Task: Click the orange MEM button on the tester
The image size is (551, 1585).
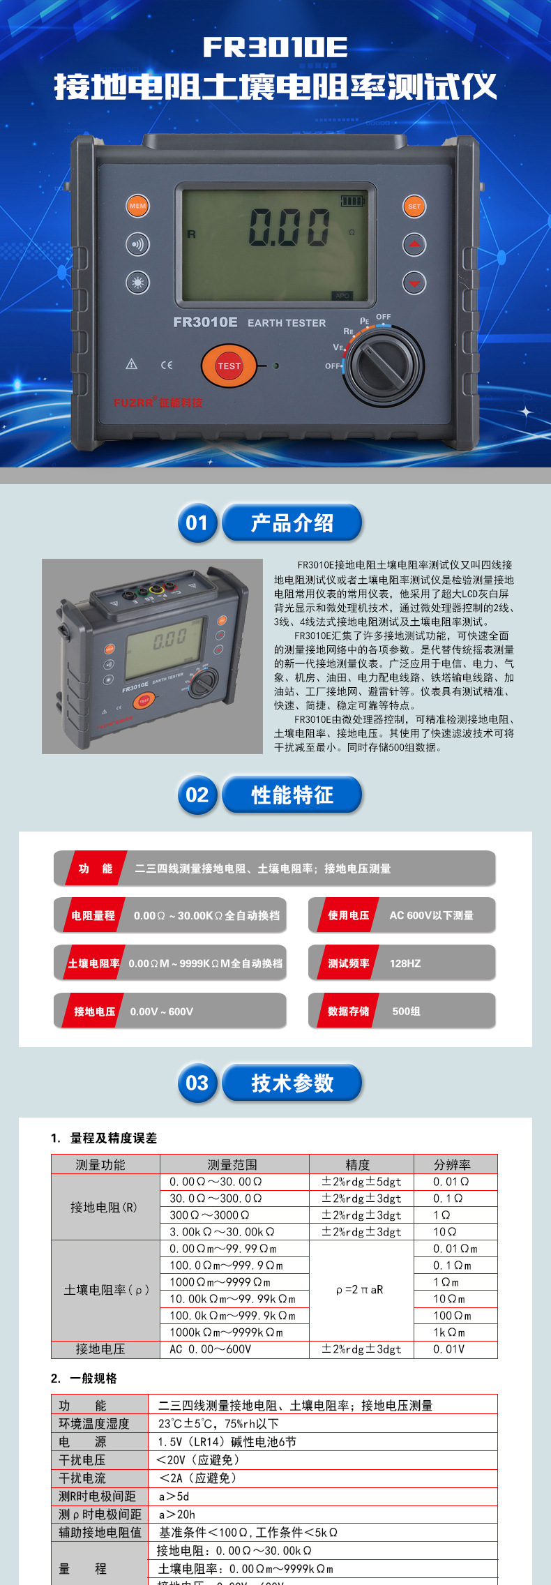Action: pyautogui.click(x=138, y=206)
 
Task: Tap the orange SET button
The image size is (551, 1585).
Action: pyautogui.click(x=414, y=206)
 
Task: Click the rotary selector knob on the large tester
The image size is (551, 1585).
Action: pyautogui.click(x=386, y=365)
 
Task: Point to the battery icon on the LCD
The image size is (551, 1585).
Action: pyautogui.click(x=352, y=201)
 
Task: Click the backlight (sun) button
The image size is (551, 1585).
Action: pyautogui.click(x=138, y=283)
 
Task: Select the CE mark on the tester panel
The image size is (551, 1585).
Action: pyautogui.click(x=167, y=365)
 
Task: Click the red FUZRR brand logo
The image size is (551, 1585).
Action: pyautogui.click(x=158, y=403)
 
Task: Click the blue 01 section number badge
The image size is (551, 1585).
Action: pyautogui.click(x=197, y=523)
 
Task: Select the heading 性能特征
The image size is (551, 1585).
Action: pyautogui.click(x=292, y=795)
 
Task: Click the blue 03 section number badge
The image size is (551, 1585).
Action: pyautogui.click(x=197, y=1083)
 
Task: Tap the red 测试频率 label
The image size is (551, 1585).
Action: pyautogui.click(x=348, y=963)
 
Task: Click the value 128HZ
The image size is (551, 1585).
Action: pyautogui.click(x=405, y=963)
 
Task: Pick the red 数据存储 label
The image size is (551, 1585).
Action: pyautogui.click(x=348, y=1012)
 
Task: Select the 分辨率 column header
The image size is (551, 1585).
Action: pyautogui.click(x=452, y=1164)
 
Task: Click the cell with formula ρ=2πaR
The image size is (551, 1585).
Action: pyautogui.click(x=360, y=1290)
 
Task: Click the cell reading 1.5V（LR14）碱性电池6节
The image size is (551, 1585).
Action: pyautogui.click(x=227, y=1442)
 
